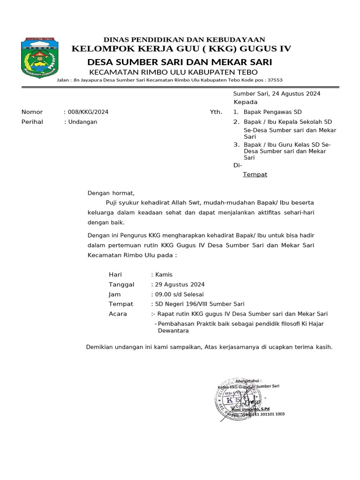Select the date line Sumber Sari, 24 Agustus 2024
tap(277, 94)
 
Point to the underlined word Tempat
tap(255, 174)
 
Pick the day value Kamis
tap(164, 275)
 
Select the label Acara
tap(118, 314)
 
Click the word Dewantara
tap(173, 331)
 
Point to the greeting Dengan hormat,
tap(111, 193)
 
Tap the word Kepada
tap(246, 102)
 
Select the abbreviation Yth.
tap(216, 112)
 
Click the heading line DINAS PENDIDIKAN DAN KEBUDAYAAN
tap(184, 39)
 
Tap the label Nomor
tap(32, 112)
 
